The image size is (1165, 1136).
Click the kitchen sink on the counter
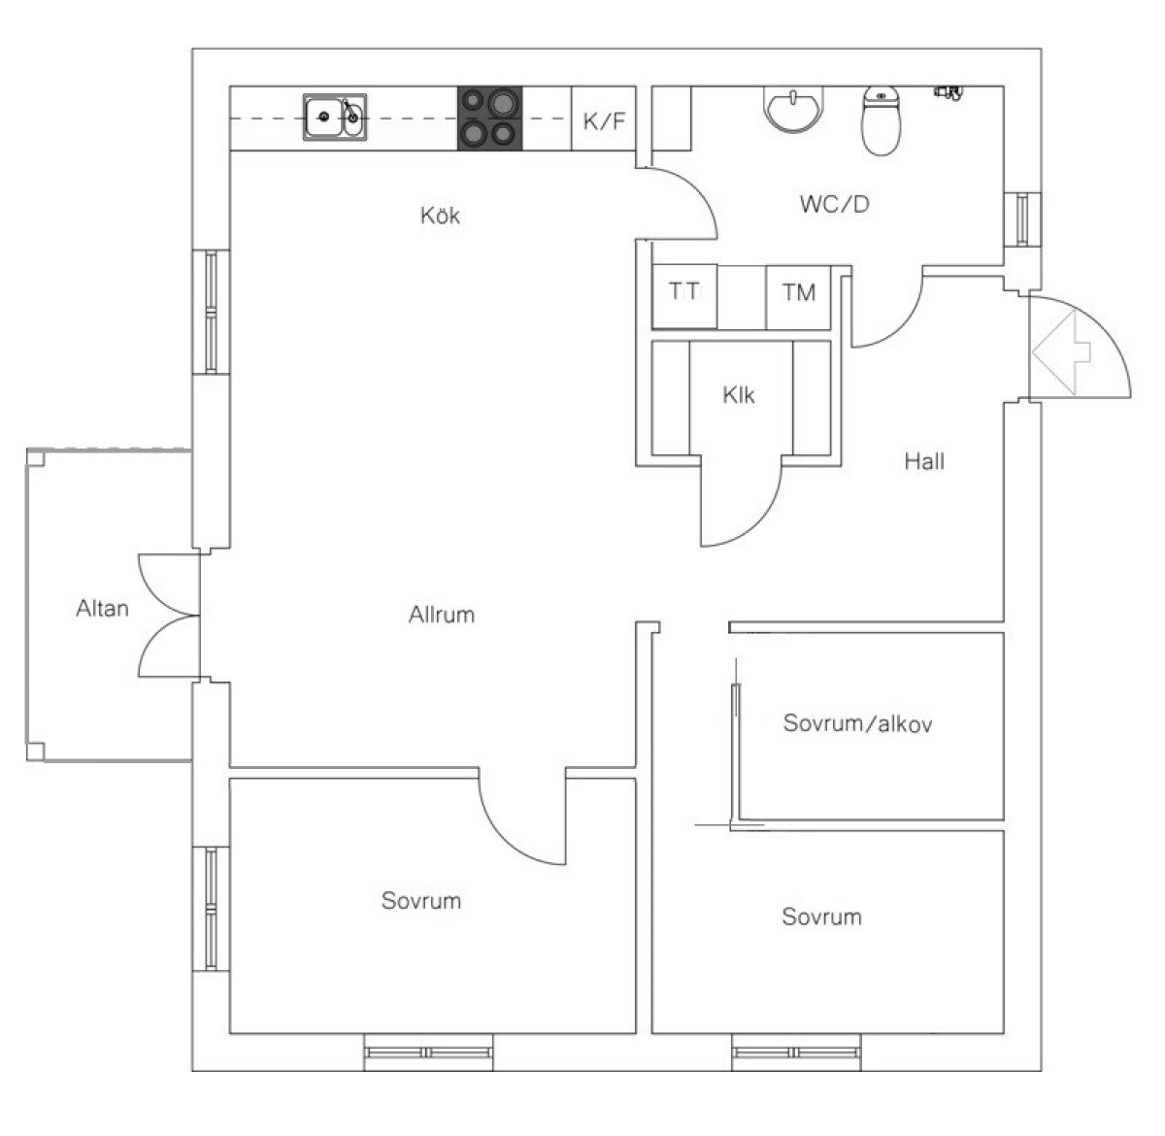click(x=335, y=117)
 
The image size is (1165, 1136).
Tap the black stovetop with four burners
click(x=489, y=117)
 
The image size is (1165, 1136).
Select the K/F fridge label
click(x=604, y=121)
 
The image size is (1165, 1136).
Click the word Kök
click(x=440, y=215)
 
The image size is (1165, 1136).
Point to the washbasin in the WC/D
click(x=795, y=108)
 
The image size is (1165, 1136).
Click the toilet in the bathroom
click(x=882, y=120)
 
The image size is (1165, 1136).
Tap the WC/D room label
click(x=835, y=204)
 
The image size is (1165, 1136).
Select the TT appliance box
click(x=683, y=292)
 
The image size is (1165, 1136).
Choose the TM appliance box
click(x=798, y=292)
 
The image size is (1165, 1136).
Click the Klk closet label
click(x=739, y=395)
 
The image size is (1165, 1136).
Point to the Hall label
click(x=924, y=461)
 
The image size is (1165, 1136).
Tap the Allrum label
click(x=442, y=615)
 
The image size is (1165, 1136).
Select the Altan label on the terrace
click(x=102, y=609)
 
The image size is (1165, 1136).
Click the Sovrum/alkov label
click(x=858, y=723)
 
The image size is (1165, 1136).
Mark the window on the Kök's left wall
click(x=211, y=311)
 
